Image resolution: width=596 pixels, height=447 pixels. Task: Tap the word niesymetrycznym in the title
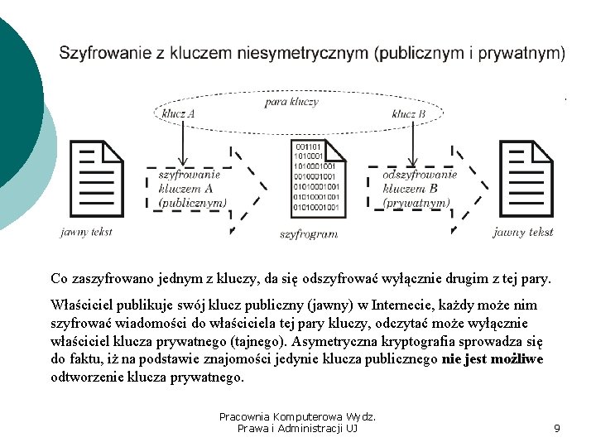pyautogui.click(x=303, y=54)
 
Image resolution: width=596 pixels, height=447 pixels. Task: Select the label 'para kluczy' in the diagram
pyautogui.click(x=291, y=102)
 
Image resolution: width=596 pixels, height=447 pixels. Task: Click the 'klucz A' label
pyautogui.click(x=178, y=113)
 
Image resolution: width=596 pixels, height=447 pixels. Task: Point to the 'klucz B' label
pyautogui.click(x=409, y=113)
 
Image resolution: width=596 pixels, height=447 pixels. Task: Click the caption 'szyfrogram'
pyautogui.click(x=309, y=234)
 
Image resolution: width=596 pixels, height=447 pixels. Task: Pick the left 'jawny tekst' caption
pyautogui.click(x=86, y=232)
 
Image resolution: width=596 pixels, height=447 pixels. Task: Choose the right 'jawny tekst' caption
pyautogui.click(x=523, y=233)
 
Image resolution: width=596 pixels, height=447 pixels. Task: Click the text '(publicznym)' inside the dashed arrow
pyautogui.click(x=192, y=202)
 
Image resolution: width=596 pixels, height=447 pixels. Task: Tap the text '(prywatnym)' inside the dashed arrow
pyautogui.click(x=416, y=202)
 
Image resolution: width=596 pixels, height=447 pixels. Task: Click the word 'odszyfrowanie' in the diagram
pyautogui.click(x=420, y=175)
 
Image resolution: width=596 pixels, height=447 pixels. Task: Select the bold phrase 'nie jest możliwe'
pyautogui.click(x=493, y=359)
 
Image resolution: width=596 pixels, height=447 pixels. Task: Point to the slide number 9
pyautogui.click(x=557, y=428)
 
